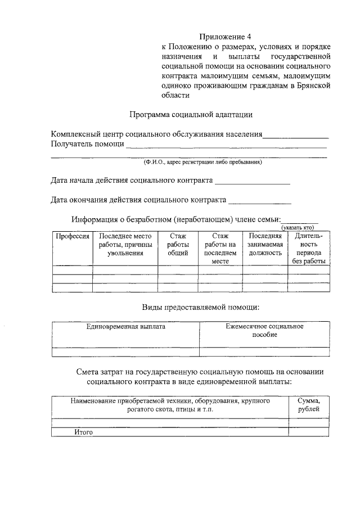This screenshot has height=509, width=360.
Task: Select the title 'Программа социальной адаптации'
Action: click(191, 114)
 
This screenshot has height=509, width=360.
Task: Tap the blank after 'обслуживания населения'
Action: click(296, 136)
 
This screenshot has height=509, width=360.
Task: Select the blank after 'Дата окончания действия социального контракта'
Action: click(259, 200)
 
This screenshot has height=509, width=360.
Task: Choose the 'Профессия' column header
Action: click(72, 236)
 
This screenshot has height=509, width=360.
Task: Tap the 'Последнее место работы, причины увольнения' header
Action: click(125, 245)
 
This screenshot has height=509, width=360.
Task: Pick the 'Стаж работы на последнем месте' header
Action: click(220, 249)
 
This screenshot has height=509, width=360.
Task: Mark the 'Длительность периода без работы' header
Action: click(309, 249)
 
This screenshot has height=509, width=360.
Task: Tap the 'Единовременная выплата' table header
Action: click(125, 326)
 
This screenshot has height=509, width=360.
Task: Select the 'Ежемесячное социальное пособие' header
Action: click(264, 330)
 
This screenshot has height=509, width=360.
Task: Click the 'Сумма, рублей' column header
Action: click(309, 405)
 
